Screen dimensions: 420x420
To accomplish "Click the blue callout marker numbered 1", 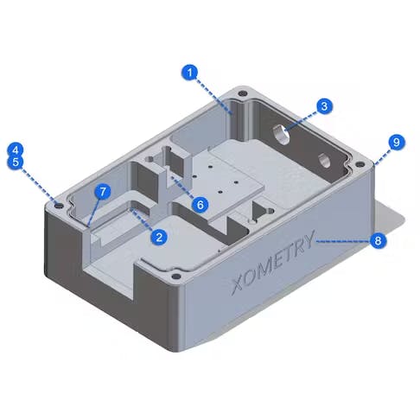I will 190,73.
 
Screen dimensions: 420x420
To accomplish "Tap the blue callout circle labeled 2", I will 158,235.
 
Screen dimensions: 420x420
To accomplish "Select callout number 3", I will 322,106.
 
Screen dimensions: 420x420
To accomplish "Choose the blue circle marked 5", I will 15,162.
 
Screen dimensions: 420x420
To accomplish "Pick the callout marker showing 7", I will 103,190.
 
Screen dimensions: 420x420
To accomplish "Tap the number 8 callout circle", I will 377,241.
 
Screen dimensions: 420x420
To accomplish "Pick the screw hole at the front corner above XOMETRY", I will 177,277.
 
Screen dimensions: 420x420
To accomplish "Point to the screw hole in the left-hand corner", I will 57,205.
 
